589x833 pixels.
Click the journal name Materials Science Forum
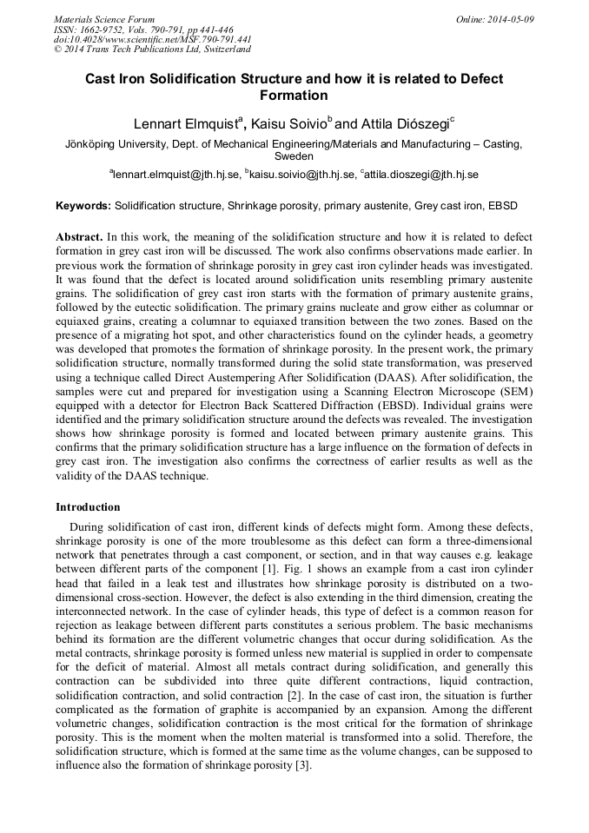pyautogui.click(x=104, y=19)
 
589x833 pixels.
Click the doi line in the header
pyautogui.click(x=153, y=39)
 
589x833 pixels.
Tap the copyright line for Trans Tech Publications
pyautogui.click(x=152, y=50)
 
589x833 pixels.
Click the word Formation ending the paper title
pyautogui.click(x=294, y=96)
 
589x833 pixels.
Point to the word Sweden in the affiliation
pyautogui.click(x=294, y=157)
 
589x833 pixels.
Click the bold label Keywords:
pyautogui.click(x=83, y=207)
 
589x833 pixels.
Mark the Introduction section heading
pyautogui.click(x=88, y=507)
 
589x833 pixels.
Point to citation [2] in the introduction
pyautogui.click(x=295, y=694)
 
